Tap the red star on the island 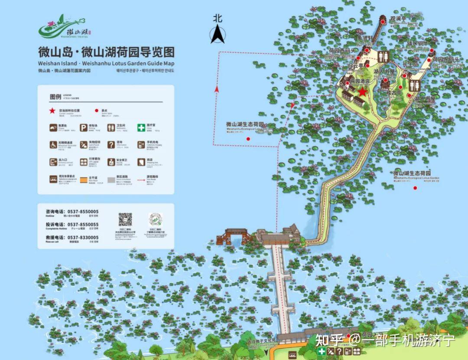click(x=362, y=92)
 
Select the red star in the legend click(x=52, y=111)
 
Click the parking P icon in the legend click(x=83, y=128)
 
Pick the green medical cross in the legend click(x=141, y=128)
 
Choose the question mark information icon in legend click(x=111, y=145)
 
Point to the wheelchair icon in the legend click(x=53, y=145)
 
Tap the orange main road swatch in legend click(x=83, y=178)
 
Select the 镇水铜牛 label click(x=418, y=43)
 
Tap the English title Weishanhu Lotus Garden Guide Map click(x=106, y=63)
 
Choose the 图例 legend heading click(x=55, y=96)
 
